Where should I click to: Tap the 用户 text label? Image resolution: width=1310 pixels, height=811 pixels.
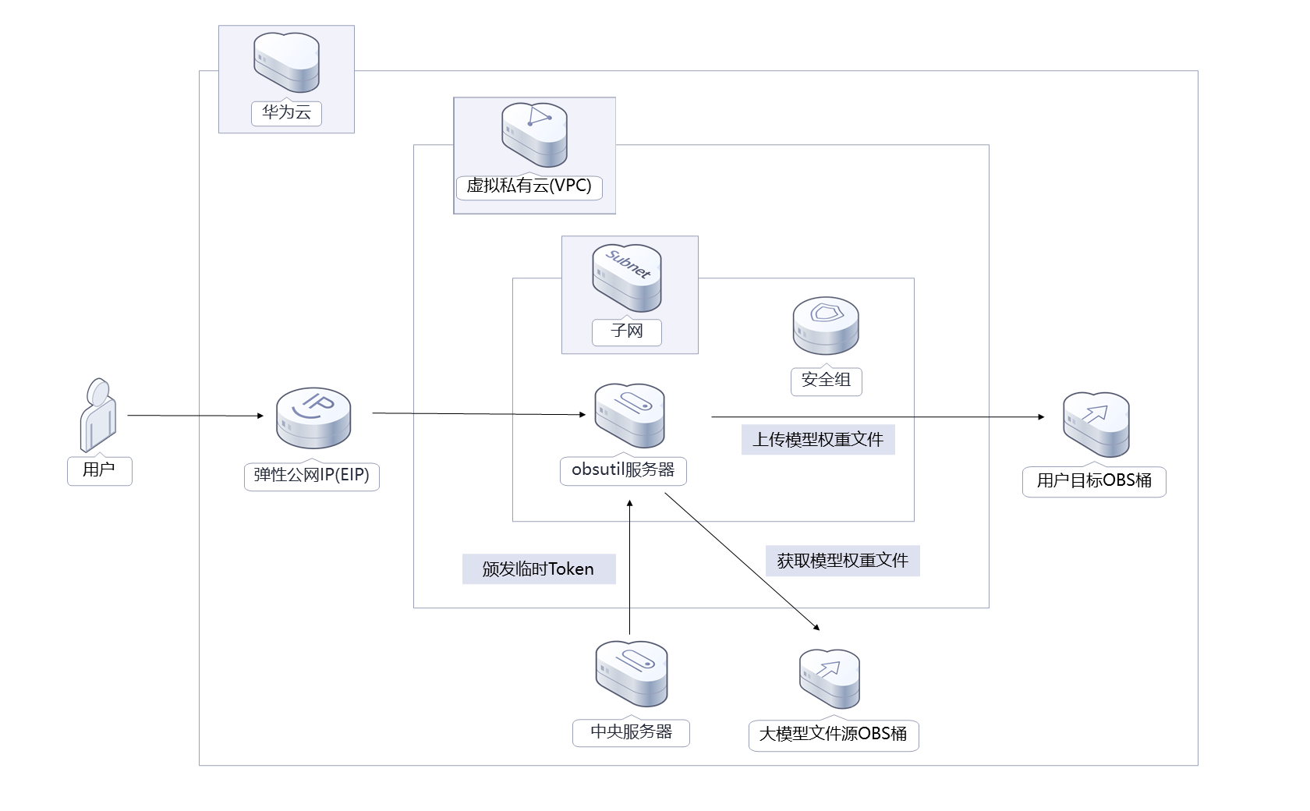[x=99, y=470]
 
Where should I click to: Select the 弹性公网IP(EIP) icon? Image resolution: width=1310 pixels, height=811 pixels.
[x=313, y=418]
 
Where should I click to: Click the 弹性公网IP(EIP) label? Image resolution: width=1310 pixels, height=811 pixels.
[x=311, y=475]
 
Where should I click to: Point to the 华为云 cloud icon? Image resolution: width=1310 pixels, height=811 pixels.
[x=286, y=62]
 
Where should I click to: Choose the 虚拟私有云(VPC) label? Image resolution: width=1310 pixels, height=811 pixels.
[x=529, y=186]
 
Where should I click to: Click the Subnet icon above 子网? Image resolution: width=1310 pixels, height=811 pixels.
[x=627, y=278]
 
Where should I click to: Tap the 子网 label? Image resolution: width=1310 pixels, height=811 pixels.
[x=627, y=331]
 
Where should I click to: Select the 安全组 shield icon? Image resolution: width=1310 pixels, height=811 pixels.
[x=826, y=326]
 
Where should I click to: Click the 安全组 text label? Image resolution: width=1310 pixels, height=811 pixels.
[x=826, y=381]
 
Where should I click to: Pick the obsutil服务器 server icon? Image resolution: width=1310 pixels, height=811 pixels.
[x=629, y=415]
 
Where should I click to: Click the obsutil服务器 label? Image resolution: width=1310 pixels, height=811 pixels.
[x=623, y=470]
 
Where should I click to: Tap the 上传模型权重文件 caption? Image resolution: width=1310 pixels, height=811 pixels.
[x=817, y=440]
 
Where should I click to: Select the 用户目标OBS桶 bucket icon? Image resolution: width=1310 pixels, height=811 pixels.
[x=1096, y=425]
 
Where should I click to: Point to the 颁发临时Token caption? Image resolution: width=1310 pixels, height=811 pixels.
[x=538, y=569]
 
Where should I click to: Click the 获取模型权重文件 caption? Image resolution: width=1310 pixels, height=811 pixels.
[x=842, y=561]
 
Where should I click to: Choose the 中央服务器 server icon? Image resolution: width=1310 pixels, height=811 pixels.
[x=631, y=674]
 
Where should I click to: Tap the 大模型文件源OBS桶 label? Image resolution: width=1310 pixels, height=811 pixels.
[x=833, y=735]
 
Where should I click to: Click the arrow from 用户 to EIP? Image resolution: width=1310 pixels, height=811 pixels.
[x=195, y=416]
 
